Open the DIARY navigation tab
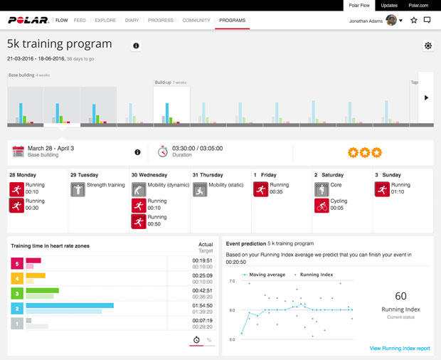(132, 21)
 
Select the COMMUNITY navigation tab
(196, 21)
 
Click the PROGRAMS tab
(232, 21)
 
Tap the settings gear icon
(427, 46)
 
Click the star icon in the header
(413, 21)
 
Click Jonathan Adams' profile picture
(391, 21)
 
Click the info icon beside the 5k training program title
(136, 46)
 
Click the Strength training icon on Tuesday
(78, 189)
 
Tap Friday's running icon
(260, 189)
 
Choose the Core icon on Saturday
(321, 189)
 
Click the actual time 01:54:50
(203, 305)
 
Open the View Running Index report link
(400, 348)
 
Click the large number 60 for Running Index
(400, 296)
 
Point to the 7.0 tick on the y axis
(231, 281)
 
